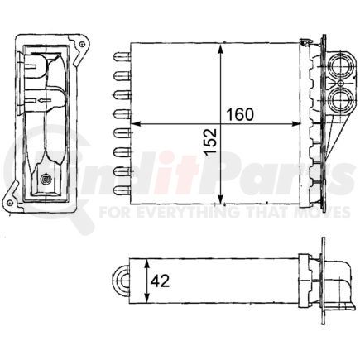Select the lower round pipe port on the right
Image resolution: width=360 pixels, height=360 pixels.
click(x=339, y=101)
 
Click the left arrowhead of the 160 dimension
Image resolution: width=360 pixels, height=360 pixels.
click(x=137, y=124)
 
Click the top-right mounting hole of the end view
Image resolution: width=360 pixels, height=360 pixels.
click(x=80, y=38)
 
